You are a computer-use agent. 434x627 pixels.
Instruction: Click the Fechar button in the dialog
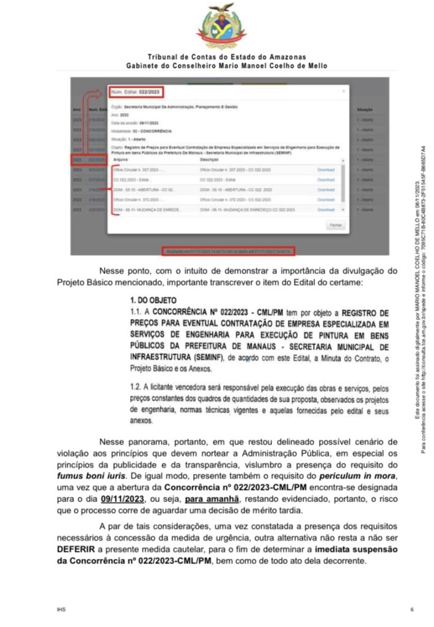(x=336, y=225)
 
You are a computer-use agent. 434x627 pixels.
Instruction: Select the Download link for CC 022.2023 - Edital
(x=326, y=179)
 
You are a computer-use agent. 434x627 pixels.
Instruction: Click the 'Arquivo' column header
(x=122, y=159)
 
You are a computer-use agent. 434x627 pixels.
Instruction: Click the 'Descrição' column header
(x=210, y=159)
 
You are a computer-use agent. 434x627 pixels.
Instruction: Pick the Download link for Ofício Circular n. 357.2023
(x=326, y=170)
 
